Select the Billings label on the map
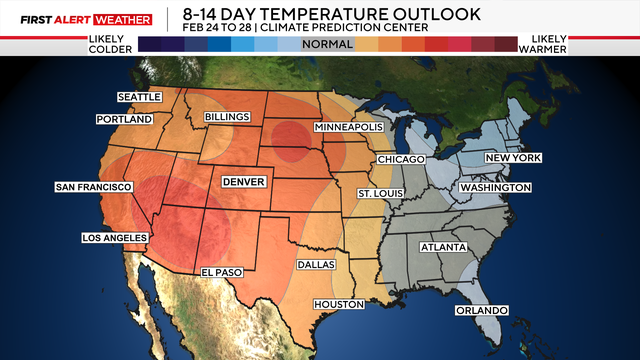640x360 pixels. coord(226,117)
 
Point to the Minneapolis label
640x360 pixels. coord(348,129)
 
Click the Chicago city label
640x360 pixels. coord(401,160)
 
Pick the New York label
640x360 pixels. coord(513,158)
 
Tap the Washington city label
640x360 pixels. coord(495,188)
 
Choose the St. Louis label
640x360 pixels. coord(382,192)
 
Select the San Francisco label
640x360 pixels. coord(94,187)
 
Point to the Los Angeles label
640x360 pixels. coord(114,237)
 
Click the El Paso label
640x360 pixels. coord(222,271)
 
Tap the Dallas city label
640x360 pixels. coord(318,265)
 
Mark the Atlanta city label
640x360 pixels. coord(441,246)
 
